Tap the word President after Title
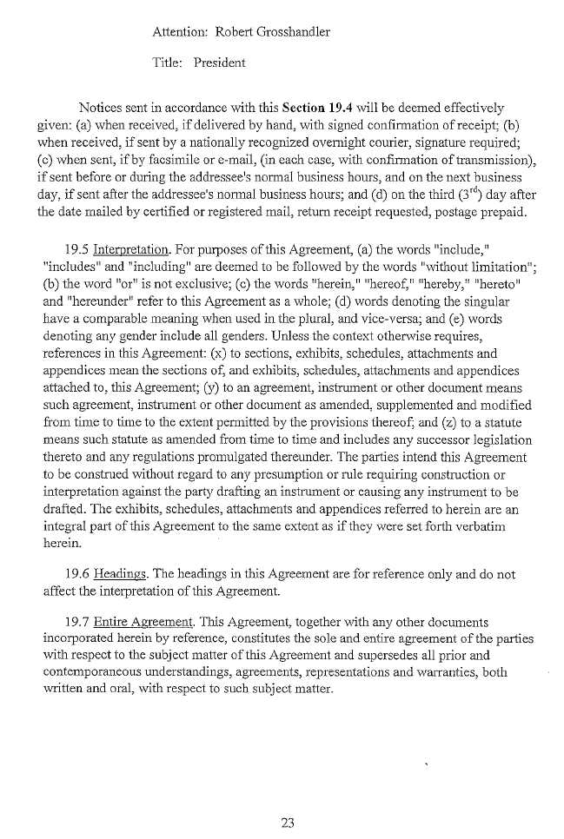coord(220,63)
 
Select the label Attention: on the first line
coord(179,32)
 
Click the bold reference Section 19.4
coord(315,109)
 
